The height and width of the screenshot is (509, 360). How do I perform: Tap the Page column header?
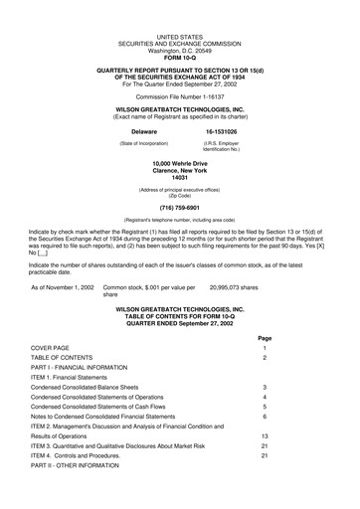point(265,337)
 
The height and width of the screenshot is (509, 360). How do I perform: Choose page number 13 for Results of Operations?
point(265,435)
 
